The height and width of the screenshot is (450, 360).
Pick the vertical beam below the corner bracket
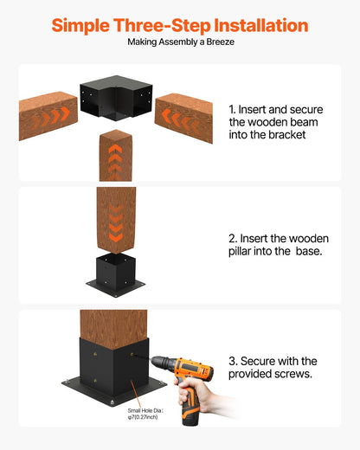pyautogui.click(x=114, y=154)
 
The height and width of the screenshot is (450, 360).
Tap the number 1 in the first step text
pyautogui.click(x=232, y=111)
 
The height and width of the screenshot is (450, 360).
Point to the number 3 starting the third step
pyautogui.click(x=231, y=361)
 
